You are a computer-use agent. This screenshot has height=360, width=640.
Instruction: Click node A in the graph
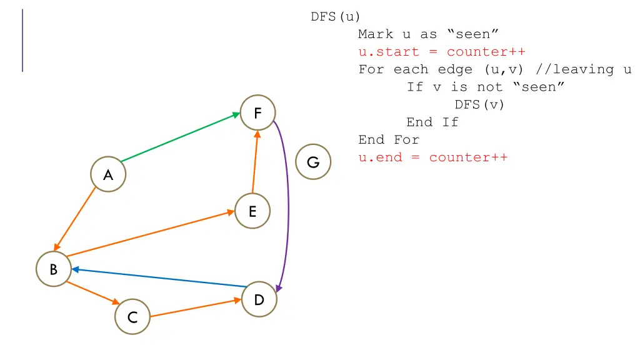tap(108, 174)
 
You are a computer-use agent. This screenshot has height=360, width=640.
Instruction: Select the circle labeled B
tap(54, 269)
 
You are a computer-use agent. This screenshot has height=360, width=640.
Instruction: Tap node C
tap(132, 317)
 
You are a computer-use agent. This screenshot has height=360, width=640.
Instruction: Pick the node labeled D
tap(259, 299)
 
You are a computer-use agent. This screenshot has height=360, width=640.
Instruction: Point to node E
tap(252, 211)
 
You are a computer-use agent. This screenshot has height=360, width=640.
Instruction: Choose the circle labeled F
tap(257, 112)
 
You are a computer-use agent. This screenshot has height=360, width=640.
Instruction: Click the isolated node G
tap(313, 162)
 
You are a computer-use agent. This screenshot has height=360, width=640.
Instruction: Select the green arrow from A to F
tap(181, 137)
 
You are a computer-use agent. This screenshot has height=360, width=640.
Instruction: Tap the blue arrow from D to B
tap(159, 277)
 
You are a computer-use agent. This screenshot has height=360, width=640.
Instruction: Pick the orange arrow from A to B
tap(75, 219)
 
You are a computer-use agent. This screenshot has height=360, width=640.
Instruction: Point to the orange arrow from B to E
tap(151, 234)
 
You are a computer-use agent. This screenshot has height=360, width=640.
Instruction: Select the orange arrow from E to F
tap(255, 162)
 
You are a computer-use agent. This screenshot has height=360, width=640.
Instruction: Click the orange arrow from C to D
tap(196, 307)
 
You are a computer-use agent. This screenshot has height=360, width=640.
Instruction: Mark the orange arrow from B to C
tap(93, 292)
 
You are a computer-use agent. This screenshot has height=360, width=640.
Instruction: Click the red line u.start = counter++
tap(442, 52)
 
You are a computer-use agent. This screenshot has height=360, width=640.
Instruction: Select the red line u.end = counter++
tap(433, 157)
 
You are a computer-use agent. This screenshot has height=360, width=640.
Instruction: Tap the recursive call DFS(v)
tap(479, 105)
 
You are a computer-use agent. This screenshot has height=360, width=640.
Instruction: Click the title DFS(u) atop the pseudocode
tap(336, 17)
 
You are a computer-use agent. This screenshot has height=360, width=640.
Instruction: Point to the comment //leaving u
tap(583, 69)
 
